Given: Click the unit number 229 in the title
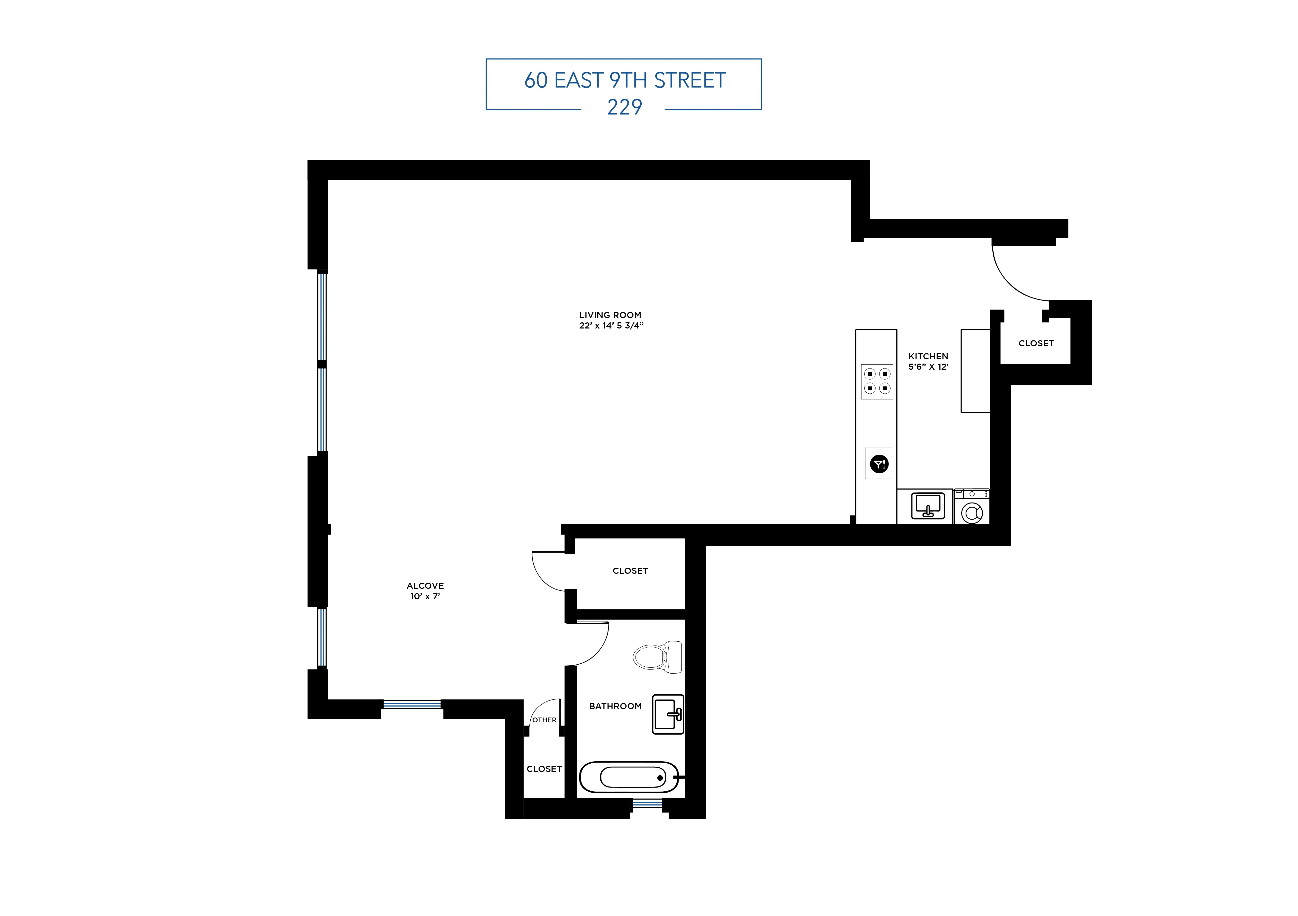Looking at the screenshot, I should pos(624,107).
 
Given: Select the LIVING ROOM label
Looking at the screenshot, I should pos(610,315).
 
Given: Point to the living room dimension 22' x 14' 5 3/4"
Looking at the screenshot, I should pos(611,325).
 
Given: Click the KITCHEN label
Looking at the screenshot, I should pos(928,356).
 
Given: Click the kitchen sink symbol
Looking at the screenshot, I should pos(928,505).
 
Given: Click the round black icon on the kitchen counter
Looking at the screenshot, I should pos(879,464).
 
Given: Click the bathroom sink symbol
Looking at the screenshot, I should pos(668,714).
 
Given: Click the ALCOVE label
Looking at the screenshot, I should pos(425,585).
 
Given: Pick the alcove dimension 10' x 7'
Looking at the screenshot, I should pos(425,596).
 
